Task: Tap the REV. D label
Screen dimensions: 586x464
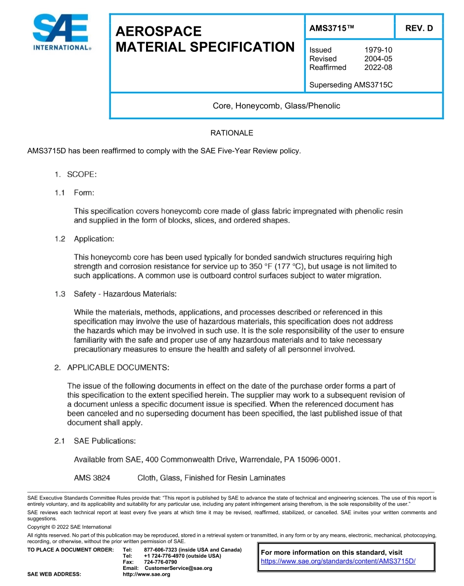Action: (419, 28)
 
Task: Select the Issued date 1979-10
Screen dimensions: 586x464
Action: (378, 50)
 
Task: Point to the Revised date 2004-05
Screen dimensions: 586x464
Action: (378, 59)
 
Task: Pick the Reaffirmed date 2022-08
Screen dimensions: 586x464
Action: (378, 67)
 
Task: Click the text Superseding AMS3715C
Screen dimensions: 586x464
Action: (351, 85)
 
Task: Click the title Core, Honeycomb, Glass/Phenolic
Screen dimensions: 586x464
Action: (276, 105)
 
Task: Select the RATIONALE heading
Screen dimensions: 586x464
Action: (232, 133)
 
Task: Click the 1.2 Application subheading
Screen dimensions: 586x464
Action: (94, 239)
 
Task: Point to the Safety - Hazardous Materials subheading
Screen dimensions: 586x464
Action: (125, 294)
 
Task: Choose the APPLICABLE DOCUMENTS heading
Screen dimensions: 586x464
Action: (118, 367)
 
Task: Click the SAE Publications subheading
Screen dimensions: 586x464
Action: (105, 441)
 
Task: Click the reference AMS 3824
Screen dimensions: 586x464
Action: (92, 478)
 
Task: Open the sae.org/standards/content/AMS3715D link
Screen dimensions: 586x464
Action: (338, 561)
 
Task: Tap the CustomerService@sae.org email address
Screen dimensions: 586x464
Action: (178, 568)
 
